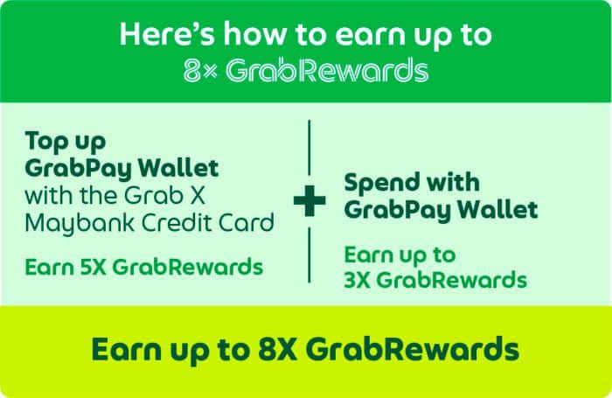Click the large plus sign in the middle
(309, 201)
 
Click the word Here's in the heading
(167, 34)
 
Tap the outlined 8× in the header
(200, 71)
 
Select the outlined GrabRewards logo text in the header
(327, 70)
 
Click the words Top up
(66, 142)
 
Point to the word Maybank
(80, 224)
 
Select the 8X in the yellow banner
(277, 349)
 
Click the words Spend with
(412, 184)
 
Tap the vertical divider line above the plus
(309, 148)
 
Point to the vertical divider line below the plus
(309, 255)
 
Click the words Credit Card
(207, 223)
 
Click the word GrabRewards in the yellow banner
(412, 349)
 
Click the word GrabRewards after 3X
(452, 280)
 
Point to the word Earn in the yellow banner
(126, 350)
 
